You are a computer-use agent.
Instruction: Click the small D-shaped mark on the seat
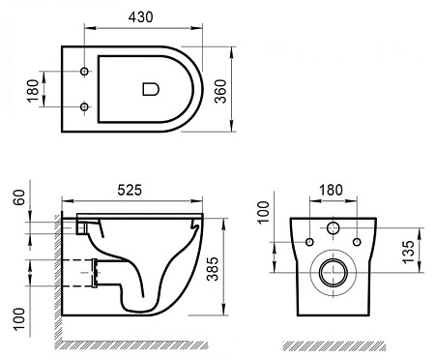point(150,89)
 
